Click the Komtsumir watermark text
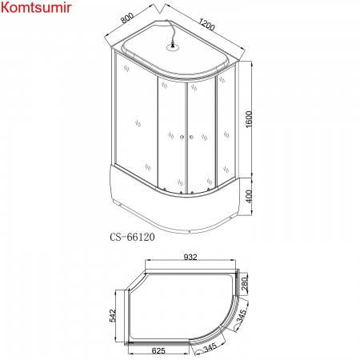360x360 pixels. tap(38, 10)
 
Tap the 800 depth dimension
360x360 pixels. tap(131, 18)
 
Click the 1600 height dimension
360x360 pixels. tap(250, 120)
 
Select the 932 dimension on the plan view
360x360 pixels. tap(190, 258)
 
